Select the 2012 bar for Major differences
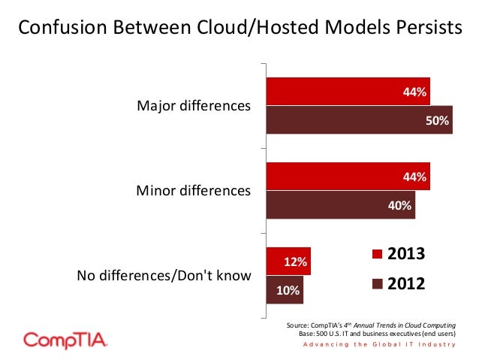pos(360,120)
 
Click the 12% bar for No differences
pos(288,262)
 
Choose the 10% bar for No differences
pos(285,289)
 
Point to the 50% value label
pos(438,120)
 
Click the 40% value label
pos(399,205)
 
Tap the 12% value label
pos(294,262)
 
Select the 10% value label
pos(287,290)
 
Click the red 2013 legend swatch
pos(378,254)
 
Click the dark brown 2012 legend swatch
pos(378,284)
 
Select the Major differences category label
pos(193,106)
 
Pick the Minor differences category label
pos(193,191)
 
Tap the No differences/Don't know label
pos(164,276)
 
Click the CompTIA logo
pos(66,339)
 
